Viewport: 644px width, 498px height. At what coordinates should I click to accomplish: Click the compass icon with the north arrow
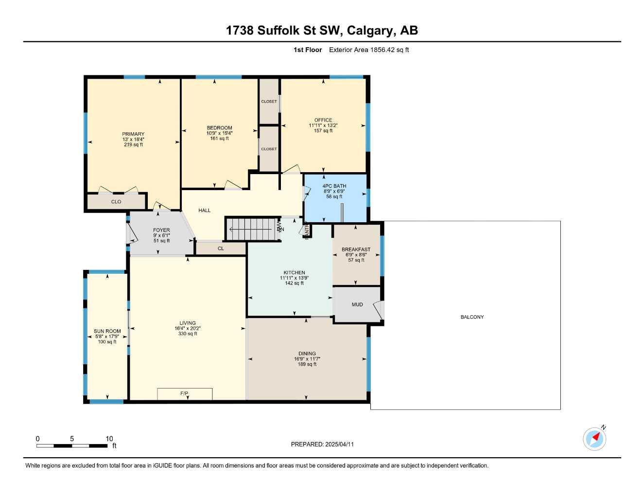pyautogui.click(x=594, y=439)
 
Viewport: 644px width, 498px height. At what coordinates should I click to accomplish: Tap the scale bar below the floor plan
pyautogui.click(x=71, y=445)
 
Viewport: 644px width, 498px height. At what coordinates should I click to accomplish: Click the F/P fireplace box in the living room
pyautogui.click(x=185, y=393)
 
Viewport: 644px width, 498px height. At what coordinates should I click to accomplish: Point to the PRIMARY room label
pyautogui.click(x=133, y=134)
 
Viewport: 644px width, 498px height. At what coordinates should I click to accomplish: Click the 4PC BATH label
pyautogui.click(x=334, y=186)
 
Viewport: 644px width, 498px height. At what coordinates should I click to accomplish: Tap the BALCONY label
pyautogui.click(x=472, y=317)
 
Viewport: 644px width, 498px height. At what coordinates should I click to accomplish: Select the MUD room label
pyautogui.click(x=357, y=304)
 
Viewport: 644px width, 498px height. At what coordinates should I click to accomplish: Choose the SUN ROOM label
pyautogui.click(x=107, y=331)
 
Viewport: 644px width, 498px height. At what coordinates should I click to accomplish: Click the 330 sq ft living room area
pyautogui.click(x=188, y=334)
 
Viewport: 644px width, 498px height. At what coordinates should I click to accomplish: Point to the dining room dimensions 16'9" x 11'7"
pyautogui.click(x=307, y=359)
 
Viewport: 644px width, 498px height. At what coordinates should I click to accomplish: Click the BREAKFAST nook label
pyautogui.click(x=356, y=249)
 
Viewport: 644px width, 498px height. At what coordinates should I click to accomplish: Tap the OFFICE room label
pyautogui.click(x=323, y=120)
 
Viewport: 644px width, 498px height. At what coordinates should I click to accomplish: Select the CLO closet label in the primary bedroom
pyautogui.click(x=116, y=201)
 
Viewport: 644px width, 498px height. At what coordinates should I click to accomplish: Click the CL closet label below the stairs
pyautogui.click(x=221, y=249)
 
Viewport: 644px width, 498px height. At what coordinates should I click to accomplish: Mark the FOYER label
pyautogui.click(x=161, y=230)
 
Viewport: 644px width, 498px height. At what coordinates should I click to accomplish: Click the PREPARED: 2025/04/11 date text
pyautogui.click(x=322, y=444)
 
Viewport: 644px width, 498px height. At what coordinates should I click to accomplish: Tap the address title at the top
pyautogui.click(x=322, y=31)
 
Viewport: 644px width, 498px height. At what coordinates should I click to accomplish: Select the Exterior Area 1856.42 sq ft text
pyautogui.click(x=369, y=50)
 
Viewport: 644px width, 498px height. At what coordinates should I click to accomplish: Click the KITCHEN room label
pyautogui.click(x=295, y=273)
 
